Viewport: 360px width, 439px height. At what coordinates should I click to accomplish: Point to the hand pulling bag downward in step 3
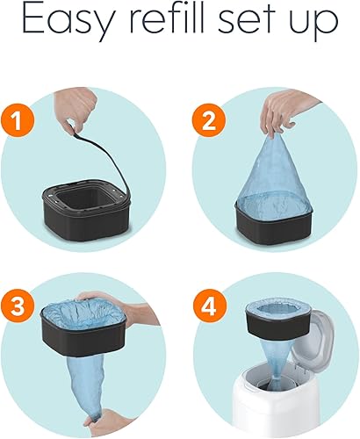point(97,424)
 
